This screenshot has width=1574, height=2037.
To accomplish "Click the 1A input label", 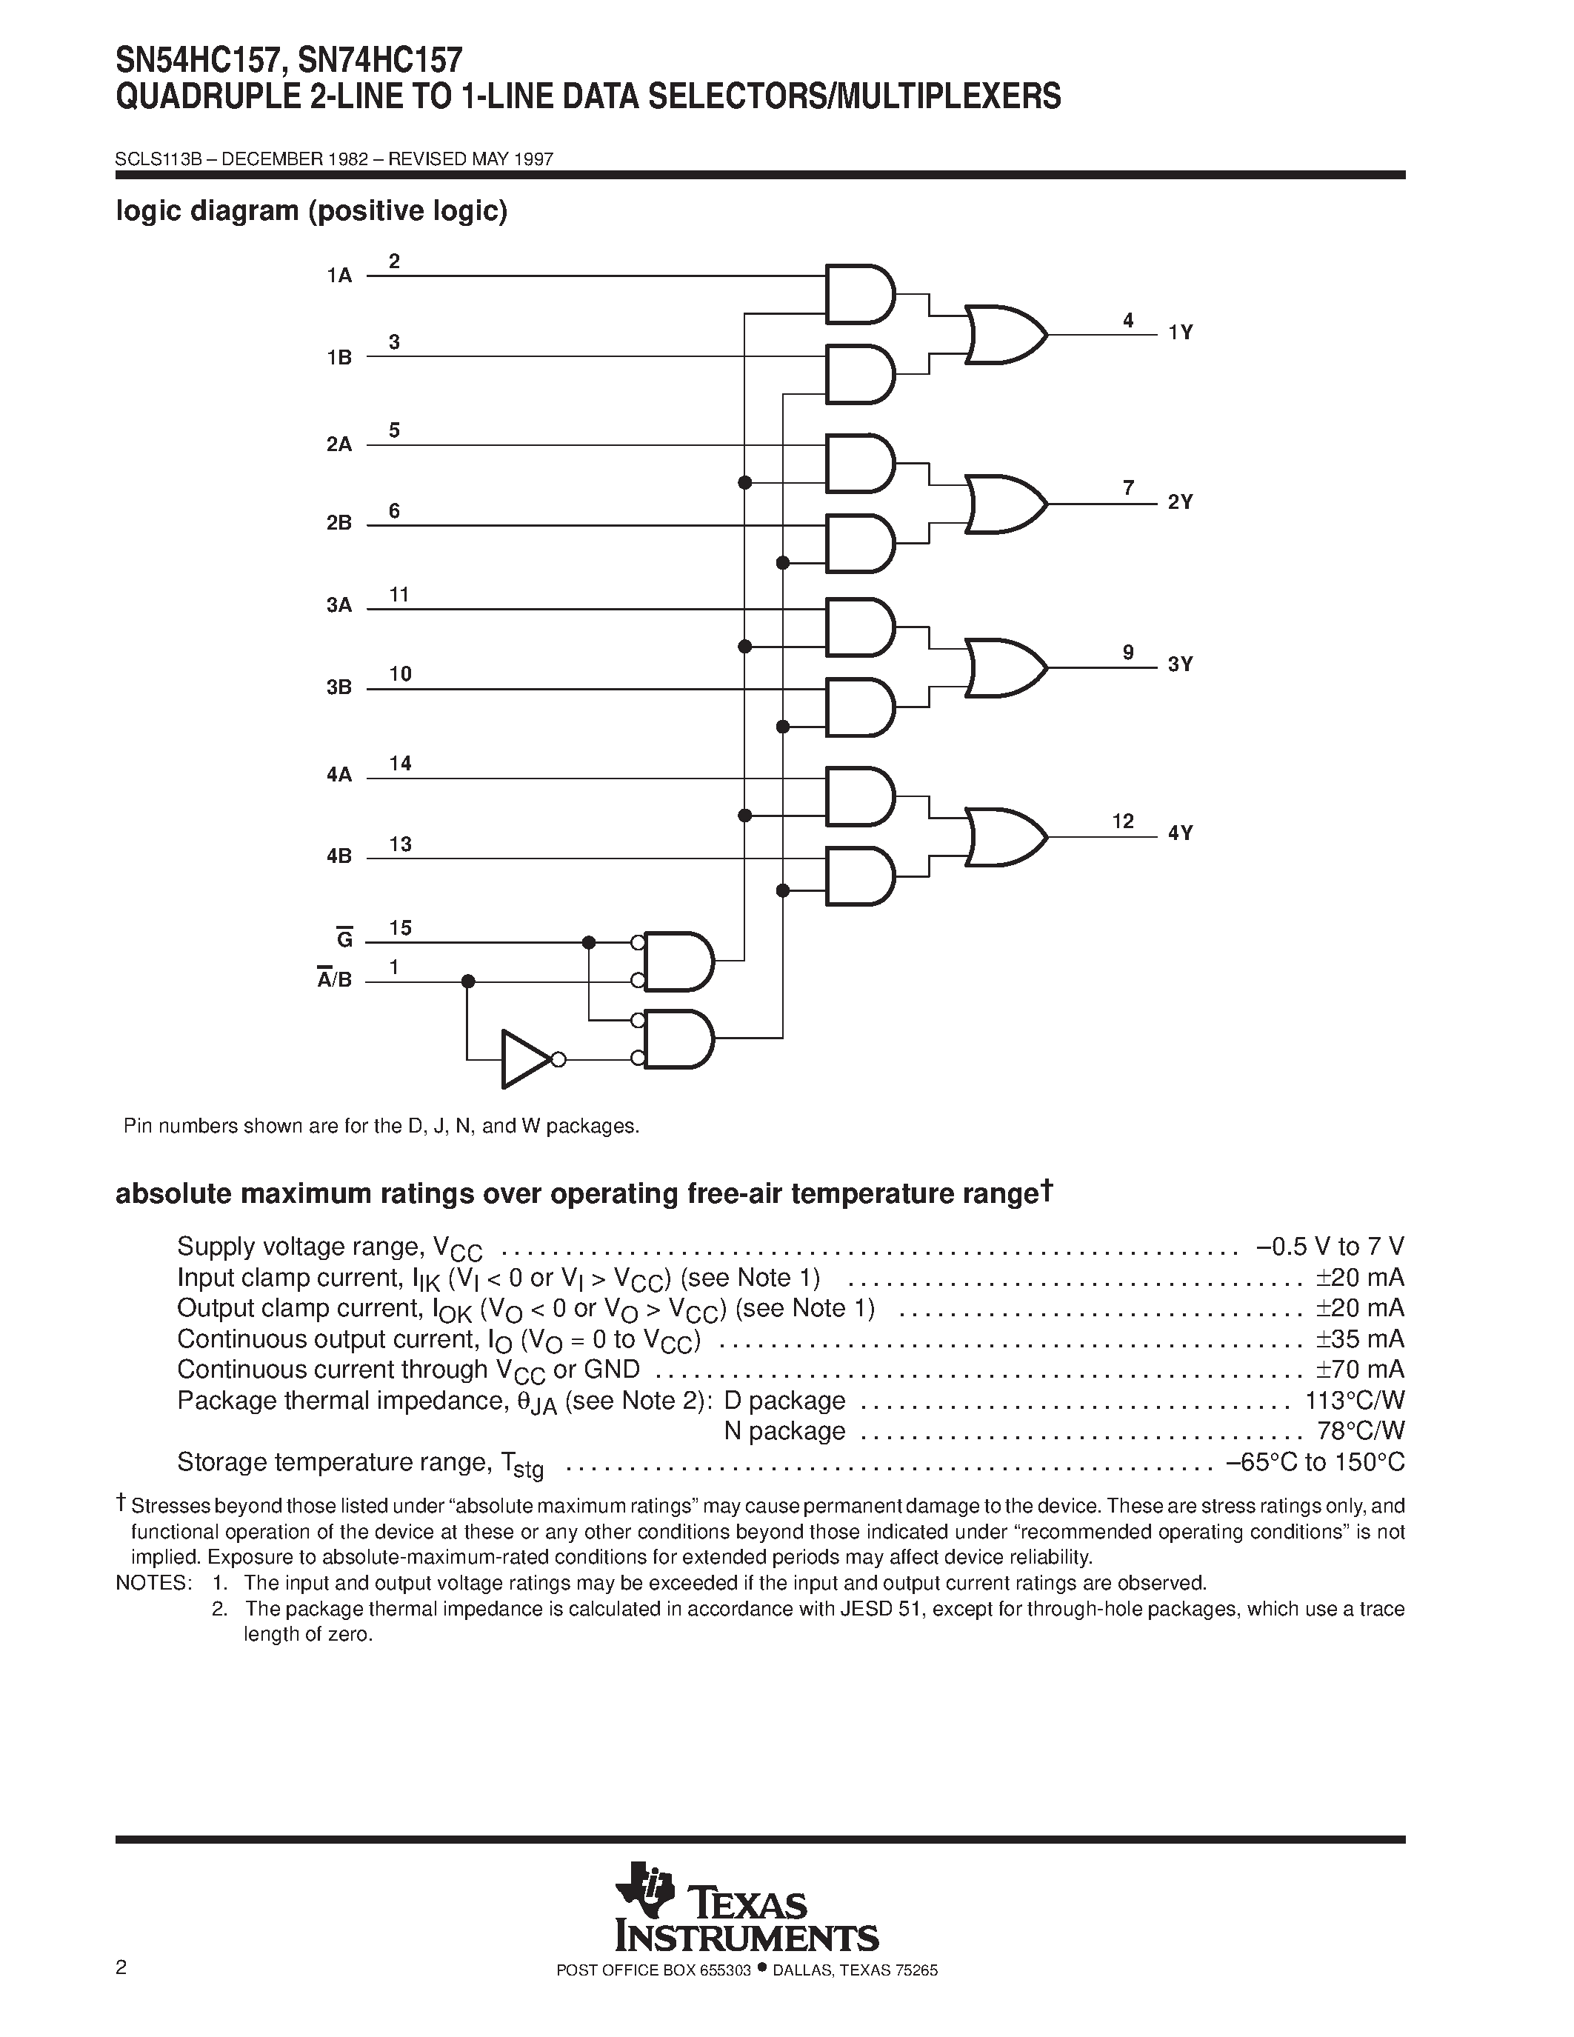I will click(339, 276).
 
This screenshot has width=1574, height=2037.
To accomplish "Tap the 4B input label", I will click(339, 856).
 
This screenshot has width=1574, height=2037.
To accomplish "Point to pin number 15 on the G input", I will click(400, 928).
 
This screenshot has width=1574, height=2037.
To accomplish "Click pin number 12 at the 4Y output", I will click(1123, 821).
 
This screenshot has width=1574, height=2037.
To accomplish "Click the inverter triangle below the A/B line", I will click(523, 1058).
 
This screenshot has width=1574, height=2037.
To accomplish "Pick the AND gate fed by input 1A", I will click(858, 295).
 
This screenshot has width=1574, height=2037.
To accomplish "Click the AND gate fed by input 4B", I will click(858, 876).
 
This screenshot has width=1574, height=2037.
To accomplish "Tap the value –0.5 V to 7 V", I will click(1330, 1247).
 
